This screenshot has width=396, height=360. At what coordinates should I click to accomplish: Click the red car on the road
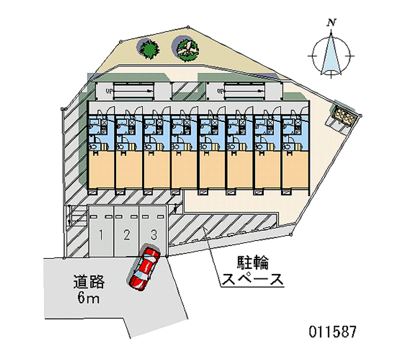click(x=144, y=268)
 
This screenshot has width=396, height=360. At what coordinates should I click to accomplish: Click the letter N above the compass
click(x=331, y=23)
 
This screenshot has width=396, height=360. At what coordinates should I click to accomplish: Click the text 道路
click(x=89, y=282)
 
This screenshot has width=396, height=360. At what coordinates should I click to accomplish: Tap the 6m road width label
click(x=89, y=297)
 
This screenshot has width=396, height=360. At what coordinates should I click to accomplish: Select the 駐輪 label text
click(x=252, y=263)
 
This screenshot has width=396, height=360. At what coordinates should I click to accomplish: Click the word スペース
click(x=252, y=279)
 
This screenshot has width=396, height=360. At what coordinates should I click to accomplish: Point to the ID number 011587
click(x=333, y=331)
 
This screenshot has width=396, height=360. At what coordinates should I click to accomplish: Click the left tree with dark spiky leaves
click(x=149, y=49)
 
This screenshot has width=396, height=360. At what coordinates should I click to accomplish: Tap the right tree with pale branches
click(x=187, y=50)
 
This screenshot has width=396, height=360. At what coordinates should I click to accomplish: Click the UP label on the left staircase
click(x=109, y=91)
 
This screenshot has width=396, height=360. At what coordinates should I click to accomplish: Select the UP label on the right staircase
click(x=220, y=91)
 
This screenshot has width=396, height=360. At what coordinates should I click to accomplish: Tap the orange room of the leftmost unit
click(x=101, y=170)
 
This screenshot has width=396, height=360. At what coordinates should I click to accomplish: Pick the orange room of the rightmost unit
click(x=295, y=170)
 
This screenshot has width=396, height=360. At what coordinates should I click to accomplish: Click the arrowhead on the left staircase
click(x=150, y=91)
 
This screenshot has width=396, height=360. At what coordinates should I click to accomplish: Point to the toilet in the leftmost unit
click(x=93, y=146)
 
